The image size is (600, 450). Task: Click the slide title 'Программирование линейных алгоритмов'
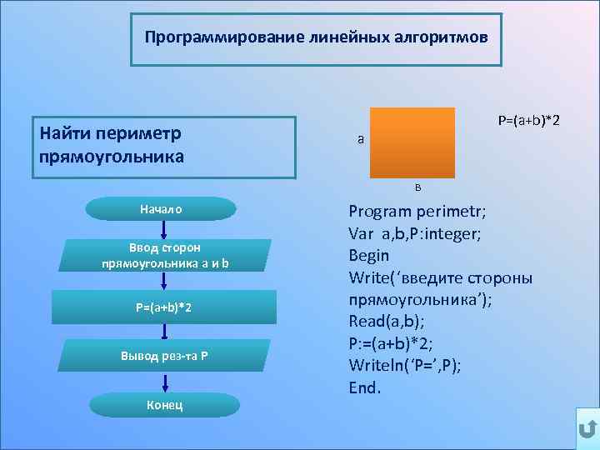(x=316, y=38)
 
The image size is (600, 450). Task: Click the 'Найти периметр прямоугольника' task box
(x=164, y=146)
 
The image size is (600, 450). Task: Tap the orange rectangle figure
(x=412, y=142)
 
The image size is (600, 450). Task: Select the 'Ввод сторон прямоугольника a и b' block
(x=165, y=256)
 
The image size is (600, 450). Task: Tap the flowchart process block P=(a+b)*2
(x=165, y=307)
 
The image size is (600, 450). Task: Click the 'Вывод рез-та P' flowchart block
(x=165, y=356)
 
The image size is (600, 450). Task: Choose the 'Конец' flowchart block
(x=165, y=405)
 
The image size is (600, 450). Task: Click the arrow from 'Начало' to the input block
(x=165, y=230)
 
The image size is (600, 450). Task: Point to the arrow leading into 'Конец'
(x=165, y=382)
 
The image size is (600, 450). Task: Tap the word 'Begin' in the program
(x=369, y=256)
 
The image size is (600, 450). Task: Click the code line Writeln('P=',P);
(x=405, y=365)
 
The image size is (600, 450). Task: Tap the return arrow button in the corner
(x=586, y=429)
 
